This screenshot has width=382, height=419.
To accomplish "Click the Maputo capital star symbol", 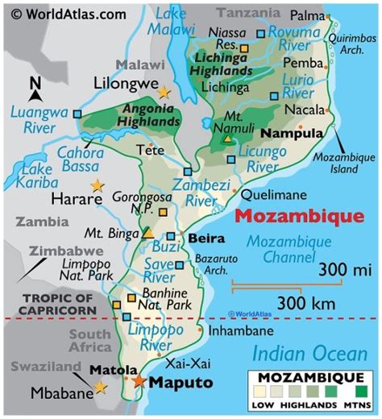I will tap(140, 380).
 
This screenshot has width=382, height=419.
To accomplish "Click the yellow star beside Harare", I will tap(98, 185).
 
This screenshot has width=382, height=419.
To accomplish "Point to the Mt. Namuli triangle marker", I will tap(227, 139).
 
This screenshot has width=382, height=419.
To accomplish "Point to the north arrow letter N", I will tap(35, 84).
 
